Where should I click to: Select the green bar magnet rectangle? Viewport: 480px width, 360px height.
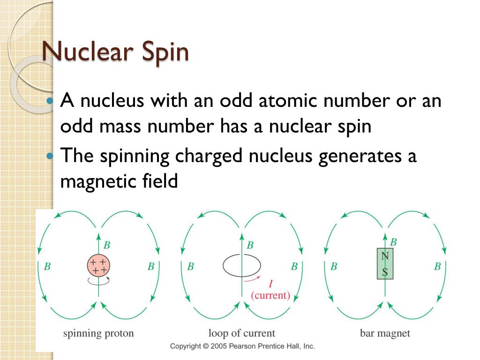[385, 264]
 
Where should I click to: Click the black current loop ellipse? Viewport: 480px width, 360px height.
[241, 266]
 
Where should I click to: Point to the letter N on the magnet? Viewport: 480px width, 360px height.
[385, 256]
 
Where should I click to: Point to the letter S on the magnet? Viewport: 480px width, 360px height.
[385, 272]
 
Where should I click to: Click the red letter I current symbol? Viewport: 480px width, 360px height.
[271, 284]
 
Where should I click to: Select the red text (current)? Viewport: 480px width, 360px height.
[270, 296]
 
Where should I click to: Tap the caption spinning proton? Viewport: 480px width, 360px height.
[98, 334]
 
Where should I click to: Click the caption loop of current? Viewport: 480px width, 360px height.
[241, 334]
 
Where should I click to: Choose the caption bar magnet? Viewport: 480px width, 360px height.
[385, 334]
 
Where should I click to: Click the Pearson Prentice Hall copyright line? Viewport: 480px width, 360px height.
[242, 346]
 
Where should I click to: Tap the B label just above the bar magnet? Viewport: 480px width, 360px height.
[393, 242]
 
